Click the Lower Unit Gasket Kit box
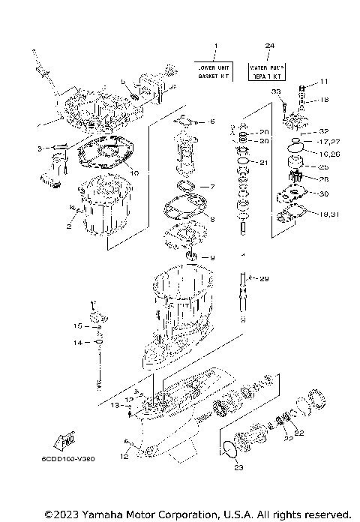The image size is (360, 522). [214, 71]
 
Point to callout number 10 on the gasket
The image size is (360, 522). [135, 172]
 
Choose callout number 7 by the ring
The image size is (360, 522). [211, 186]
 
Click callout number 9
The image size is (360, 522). [211, 258]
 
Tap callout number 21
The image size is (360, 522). [262, 163]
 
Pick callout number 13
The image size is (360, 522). [114, 405]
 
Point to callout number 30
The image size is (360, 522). [324, 194]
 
